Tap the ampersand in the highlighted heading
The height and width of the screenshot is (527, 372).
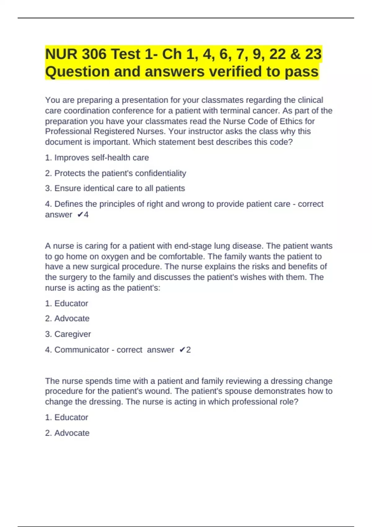pos(296,54)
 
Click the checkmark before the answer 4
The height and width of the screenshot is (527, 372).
pos(80,215)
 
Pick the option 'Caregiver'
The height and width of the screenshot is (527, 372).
pos(73,334)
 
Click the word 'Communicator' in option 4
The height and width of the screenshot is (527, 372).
pos(82,350)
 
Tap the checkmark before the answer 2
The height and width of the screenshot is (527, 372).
pos(182,350)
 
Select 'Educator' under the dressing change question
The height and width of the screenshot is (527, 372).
pos(71,418)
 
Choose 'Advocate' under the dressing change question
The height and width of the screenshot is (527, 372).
pos(72,433)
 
